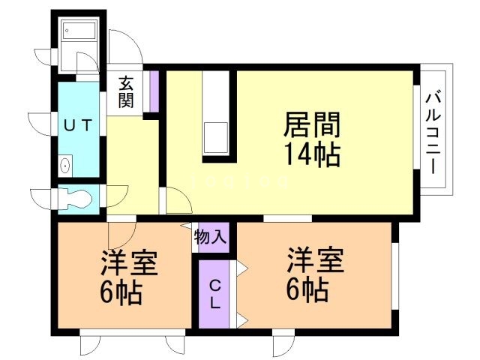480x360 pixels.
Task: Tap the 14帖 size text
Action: [x=312, y=154]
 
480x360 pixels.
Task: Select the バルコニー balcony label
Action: [x=434, y=132]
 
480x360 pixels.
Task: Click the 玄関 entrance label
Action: [x=125, y=92]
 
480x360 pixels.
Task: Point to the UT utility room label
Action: [x=77, y=125]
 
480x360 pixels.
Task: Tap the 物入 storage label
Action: [x=210, y=238]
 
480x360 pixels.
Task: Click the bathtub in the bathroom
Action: [x=79, y=31]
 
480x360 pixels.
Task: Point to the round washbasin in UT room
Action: [x=65, y=165]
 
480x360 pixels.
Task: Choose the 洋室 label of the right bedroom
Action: [x=314, y=262]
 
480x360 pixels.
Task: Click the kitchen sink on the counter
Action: [x=217, y=139]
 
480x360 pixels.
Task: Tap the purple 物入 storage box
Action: [x=210, y=238]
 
